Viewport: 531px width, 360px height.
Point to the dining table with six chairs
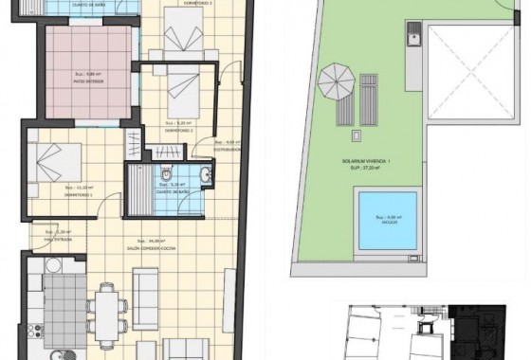pyautogui.click(x=107, y=308)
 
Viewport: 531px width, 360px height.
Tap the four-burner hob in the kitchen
pyautogui.click(x=38, y=332)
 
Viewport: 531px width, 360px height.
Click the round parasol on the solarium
pyautogui.click(x=334, y=76)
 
